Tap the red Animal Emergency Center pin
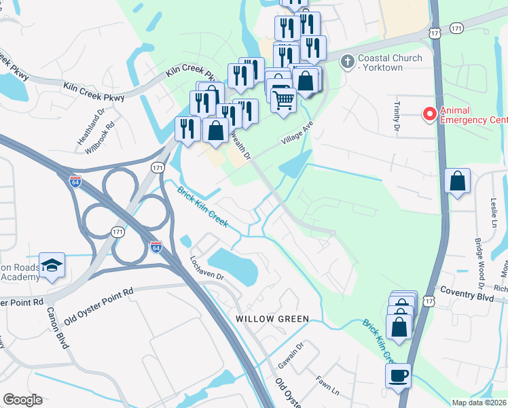point(429,114)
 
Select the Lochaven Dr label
point(207,269)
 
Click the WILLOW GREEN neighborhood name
point(272,318)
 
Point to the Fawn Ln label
point(327,388)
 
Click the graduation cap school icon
point(51,265)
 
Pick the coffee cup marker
point(398,375)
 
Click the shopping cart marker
point(283,100)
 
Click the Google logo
point(23,399)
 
